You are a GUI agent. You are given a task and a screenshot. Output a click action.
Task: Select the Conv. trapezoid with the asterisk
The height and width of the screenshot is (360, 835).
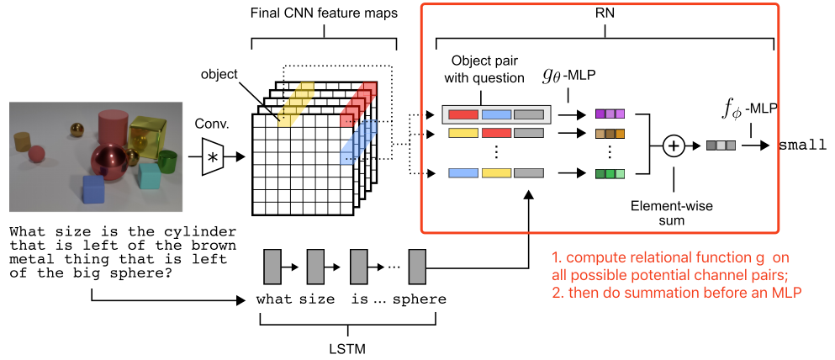[x=214, y=157]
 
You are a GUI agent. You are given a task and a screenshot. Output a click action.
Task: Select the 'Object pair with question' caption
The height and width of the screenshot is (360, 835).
[x=486, y=69]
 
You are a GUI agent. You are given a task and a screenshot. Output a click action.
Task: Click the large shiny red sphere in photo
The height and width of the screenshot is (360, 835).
[x=112, y=163]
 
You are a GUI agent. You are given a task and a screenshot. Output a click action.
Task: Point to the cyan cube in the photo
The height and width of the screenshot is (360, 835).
[x=149, y=176]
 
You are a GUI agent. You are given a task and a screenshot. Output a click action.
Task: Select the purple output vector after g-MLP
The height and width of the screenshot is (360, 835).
[x=610, y=114]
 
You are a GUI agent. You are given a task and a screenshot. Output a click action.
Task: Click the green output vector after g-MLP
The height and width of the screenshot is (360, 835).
[x=610, y=174]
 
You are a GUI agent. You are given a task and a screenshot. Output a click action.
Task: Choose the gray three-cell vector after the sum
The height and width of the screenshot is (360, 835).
[x=721, y=145]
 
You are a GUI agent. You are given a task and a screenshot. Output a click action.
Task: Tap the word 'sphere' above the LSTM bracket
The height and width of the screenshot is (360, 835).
[x=420, y=299]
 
